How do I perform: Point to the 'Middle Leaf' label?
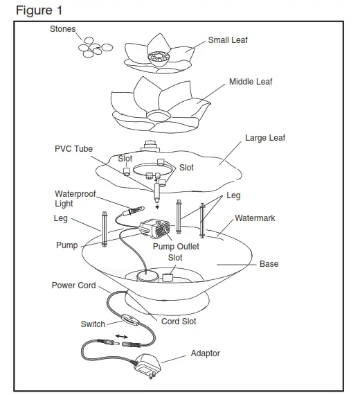[x=251, y=82]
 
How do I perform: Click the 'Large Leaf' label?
[x=264, y=138]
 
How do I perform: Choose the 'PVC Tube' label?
[x=73, y=149]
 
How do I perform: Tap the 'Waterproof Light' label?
[x=75, y=199]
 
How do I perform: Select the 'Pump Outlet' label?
[x=176, y=246]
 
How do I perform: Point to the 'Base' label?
[x=269, y=264]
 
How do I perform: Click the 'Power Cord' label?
[x=73, y=285]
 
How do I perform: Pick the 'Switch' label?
[x=93, y=324]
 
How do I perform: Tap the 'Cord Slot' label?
[x=179, y=322]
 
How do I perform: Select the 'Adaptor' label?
[x=205, y=353]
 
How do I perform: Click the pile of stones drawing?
[x=95, y=48]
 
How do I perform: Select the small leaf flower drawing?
[x=159, y=55]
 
